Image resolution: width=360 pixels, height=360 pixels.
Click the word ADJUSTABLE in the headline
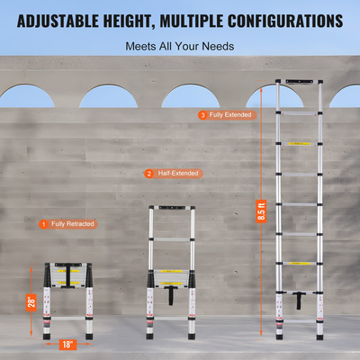click(66, 20)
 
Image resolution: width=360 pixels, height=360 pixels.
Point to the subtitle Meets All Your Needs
click(179, 46)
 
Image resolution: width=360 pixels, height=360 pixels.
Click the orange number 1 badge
click(42, 223)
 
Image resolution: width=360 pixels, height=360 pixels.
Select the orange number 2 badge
click(148, 174)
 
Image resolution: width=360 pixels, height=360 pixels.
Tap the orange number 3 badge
click(202, 115)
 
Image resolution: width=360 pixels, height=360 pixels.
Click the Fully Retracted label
click(73, 223)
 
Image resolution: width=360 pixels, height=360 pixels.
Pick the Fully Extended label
click(231, 115)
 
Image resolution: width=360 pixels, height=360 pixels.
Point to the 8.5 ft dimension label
click(262, 212)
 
